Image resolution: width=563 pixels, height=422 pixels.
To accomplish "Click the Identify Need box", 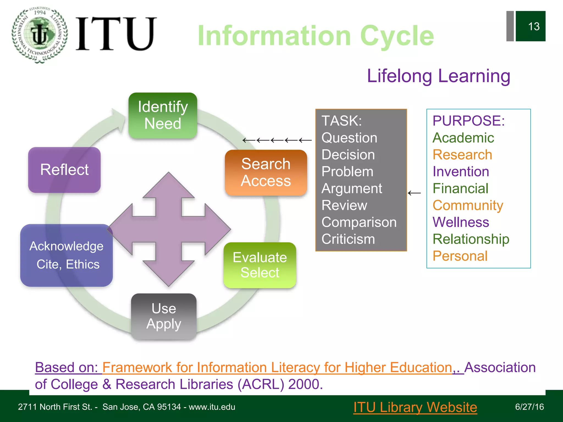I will click(x=163, y=115).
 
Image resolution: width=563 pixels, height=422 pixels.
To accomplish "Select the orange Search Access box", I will click(x=266, y=173).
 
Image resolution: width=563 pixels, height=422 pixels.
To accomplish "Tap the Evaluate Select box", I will click(x=260, y=265).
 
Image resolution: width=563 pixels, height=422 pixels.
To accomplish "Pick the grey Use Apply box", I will click(x=164, y=316).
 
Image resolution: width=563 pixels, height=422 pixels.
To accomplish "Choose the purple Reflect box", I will click(x=64, y=170).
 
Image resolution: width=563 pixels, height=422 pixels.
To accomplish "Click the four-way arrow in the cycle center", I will click(x=169, y=229).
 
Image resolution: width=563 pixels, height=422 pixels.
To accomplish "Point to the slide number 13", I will click(x=533, y=26).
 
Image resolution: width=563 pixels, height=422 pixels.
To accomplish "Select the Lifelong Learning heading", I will click(x=438, y=76).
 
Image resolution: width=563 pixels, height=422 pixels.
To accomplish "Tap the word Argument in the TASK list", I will click(x=352, y=188).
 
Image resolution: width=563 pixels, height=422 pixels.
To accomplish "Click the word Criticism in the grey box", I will click(x=348, y=239).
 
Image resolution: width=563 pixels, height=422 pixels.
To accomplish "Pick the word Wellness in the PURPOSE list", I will click(x=461, y=222).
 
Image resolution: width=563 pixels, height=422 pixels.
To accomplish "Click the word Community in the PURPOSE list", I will click(x=468, y=205).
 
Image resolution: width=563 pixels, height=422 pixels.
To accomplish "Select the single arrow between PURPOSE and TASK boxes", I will click(x=414, y=193).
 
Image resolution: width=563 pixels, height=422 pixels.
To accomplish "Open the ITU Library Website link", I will click(x=415, y=407).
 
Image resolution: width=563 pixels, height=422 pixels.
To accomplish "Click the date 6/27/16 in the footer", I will click(x=529, y=407).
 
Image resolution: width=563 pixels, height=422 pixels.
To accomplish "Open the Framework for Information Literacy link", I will click(x=277, y=367).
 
